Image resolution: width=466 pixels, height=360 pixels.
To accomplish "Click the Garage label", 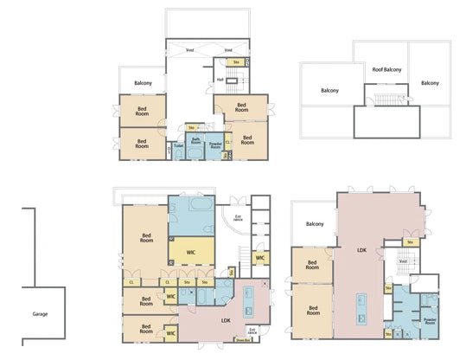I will point(40,313).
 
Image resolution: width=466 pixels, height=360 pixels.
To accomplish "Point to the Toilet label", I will point(178,145).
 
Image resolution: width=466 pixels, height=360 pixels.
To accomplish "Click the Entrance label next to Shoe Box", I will point(252,330).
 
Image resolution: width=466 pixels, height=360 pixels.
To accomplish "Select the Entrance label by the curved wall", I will point(239,219).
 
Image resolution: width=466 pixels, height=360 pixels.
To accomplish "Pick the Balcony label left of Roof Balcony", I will point(329,90).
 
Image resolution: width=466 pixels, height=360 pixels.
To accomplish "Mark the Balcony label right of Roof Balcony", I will point(430,83).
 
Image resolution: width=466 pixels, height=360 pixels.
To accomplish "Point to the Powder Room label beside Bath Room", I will point(215,145).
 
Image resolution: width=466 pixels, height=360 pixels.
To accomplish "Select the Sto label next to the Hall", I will point(236,61).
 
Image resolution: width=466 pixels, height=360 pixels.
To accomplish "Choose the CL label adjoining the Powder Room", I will point(227,142).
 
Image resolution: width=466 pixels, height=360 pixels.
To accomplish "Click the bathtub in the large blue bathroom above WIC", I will point(201,209).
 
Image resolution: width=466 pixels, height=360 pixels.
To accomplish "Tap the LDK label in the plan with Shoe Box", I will point(226,320).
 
